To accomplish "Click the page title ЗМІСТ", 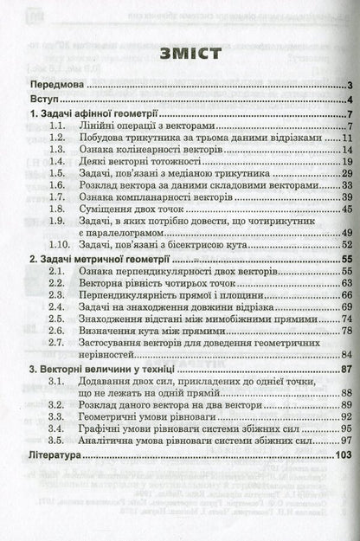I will pyautogui.click(x=179, y=55).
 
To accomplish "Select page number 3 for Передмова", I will pyautogui.click(x=344, y=87).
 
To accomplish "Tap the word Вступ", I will pyautogui.click(x=43, y=102).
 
